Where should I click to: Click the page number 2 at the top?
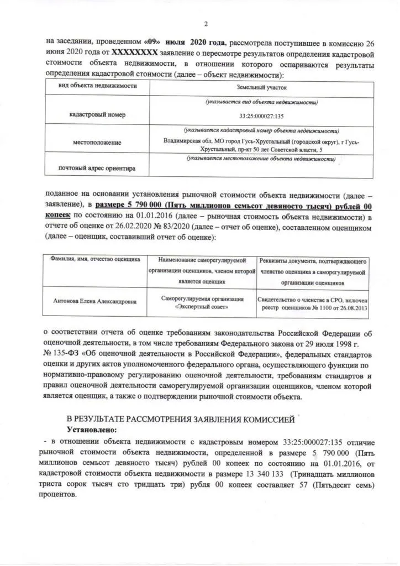click(205, 24)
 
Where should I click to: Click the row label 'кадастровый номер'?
click(97, 115)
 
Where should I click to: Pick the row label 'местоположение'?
click(97, 143)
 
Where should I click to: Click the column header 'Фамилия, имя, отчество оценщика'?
click(96, 259)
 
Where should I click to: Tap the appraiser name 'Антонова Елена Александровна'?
click(96, 302)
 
